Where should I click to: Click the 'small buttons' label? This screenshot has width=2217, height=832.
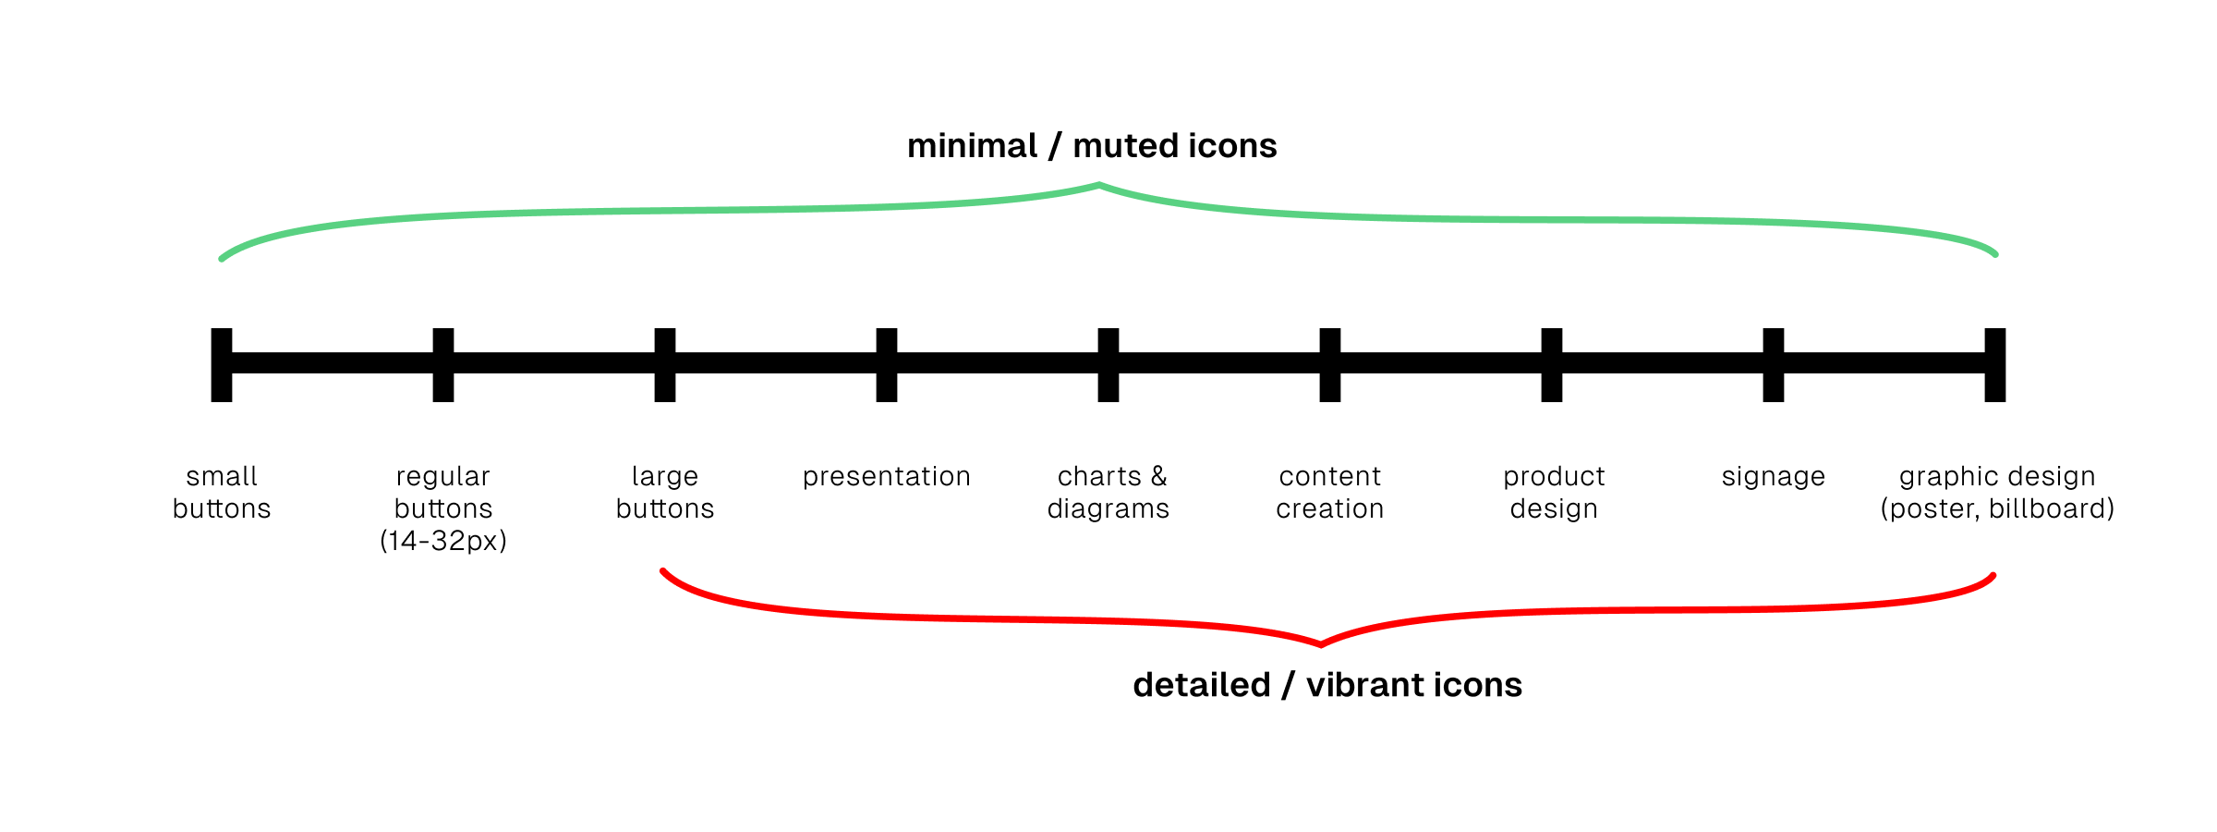click(222, 492)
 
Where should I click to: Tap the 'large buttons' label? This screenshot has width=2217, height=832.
click(665, 492)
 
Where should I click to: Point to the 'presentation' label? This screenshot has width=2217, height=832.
click(887, 476)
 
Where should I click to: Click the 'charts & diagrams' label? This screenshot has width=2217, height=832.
click(1108, 492)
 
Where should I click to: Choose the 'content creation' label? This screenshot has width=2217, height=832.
click(1330, 492)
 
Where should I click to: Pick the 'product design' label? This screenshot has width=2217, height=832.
click(1554, 492)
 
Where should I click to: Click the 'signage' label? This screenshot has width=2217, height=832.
click(1774, 476)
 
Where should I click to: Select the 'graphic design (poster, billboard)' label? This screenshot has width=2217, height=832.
click(1997, 492)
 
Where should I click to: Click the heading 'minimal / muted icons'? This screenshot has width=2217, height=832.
click(1092, 146)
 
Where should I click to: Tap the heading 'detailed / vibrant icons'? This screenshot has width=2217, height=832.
click(1327, 685)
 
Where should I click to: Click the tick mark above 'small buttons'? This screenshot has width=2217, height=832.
click(222, 364)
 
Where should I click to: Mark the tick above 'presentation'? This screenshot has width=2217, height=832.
click(887, 364)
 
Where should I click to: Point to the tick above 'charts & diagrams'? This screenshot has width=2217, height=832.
click(1108, 364)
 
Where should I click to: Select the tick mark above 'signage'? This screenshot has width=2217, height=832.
click(1774, 364)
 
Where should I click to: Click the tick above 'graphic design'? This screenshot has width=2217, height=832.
click(1995, 364)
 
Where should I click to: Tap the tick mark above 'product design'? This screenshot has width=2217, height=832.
click(1552, 364)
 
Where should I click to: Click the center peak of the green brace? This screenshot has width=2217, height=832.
click(1099, 186)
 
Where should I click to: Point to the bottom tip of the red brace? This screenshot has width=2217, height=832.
click(1321, 643)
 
